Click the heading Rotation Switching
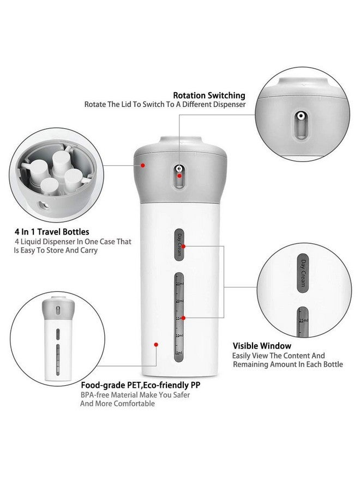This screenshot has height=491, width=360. pos(209,95)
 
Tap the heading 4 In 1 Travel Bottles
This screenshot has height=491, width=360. pos(52,232)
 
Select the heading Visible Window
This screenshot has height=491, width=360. pos(262,346)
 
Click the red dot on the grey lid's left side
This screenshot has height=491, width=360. pos(143,164)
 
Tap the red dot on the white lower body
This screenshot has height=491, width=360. pos(156,344)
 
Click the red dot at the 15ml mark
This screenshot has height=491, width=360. pos(183,318)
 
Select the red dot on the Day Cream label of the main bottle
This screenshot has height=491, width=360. pos(183,246)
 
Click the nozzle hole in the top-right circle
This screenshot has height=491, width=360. pos(300,116)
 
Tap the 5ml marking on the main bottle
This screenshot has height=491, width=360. pos(179,353)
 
